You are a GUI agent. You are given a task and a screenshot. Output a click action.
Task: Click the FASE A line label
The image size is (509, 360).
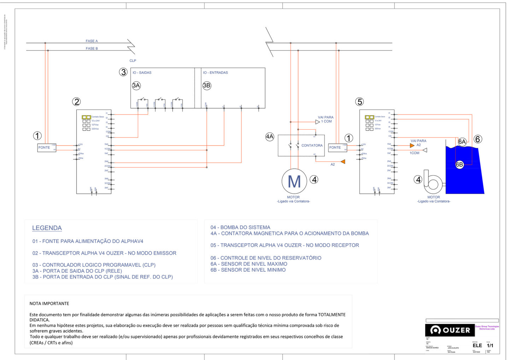point(92,41)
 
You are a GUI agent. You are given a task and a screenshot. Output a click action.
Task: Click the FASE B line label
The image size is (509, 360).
point(92,48)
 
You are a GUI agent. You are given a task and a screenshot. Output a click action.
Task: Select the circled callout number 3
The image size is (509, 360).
point(123,72)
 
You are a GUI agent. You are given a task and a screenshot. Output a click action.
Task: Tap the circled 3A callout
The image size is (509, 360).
point(136,85)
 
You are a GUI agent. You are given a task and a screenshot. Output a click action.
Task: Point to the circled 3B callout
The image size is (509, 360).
point(207,85)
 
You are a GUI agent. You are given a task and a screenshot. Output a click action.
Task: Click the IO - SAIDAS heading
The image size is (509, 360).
point(142,72)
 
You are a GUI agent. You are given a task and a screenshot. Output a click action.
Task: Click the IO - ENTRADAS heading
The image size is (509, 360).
point(215,72)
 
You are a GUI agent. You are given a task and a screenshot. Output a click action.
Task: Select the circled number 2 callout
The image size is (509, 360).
point(76,102)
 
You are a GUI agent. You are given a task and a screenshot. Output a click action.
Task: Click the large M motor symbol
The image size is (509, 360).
point(294,181)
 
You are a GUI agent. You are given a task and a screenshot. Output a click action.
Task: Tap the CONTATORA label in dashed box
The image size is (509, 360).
point(312,145)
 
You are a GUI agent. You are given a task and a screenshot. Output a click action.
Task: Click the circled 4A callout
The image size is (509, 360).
point(270,137)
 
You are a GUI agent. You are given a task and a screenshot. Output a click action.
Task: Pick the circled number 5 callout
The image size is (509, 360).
point(359,102)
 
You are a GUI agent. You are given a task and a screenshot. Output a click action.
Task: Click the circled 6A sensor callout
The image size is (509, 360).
point(462,142)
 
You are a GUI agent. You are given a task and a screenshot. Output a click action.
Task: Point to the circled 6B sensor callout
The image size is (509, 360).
point(459,164)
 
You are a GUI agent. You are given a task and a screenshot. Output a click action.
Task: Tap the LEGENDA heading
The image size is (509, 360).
point(47,228)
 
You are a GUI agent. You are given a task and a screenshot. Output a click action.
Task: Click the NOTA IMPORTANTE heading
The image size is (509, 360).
point(49,303)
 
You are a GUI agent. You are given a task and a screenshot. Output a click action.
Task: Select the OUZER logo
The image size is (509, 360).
point(450,330)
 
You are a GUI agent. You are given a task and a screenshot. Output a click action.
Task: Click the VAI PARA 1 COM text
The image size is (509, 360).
point(326,119)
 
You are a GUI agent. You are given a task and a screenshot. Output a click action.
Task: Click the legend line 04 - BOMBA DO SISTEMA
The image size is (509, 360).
point(240,227)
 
